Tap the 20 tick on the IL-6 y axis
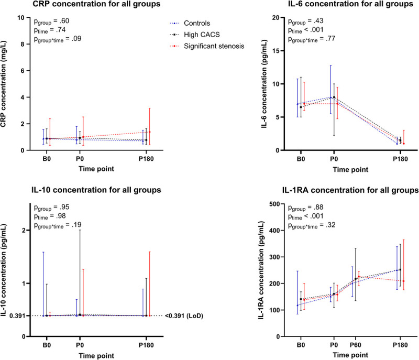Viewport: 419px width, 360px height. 280,17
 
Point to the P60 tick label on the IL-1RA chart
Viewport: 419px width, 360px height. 355,345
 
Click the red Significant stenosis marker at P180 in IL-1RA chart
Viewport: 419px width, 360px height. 404,281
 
